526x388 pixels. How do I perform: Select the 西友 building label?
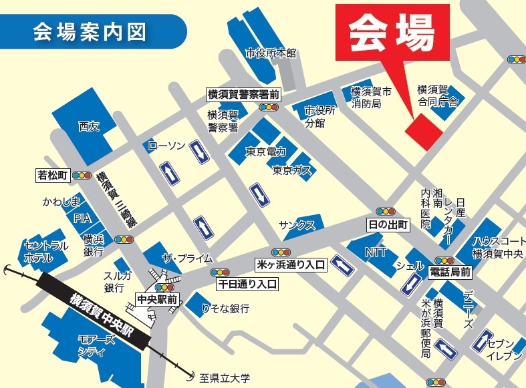(88, 125)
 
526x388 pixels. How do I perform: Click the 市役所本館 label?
(270, 53)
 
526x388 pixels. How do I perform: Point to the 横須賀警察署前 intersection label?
(243, 95)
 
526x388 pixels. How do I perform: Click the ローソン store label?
(166, 146)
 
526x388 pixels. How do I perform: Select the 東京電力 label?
(266, 152)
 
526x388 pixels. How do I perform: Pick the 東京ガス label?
(292, 171)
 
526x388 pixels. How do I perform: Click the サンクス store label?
(297, 225)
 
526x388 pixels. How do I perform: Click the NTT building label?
(376, 252)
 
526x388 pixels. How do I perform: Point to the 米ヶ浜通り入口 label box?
(291, 265)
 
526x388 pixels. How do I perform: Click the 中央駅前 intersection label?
(157, 298)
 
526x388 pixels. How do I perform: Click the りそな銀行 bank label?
(226, 309)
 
